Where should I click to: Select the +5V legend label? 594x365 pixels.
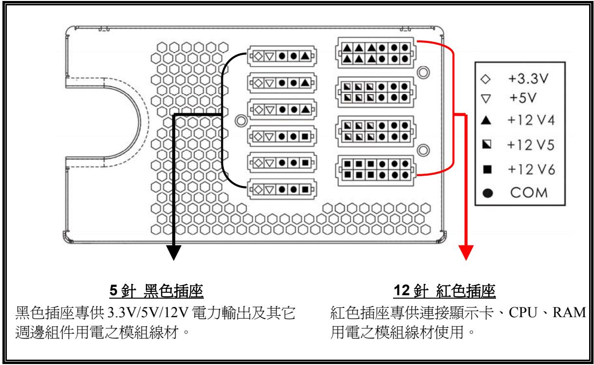tap(522, 97)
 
